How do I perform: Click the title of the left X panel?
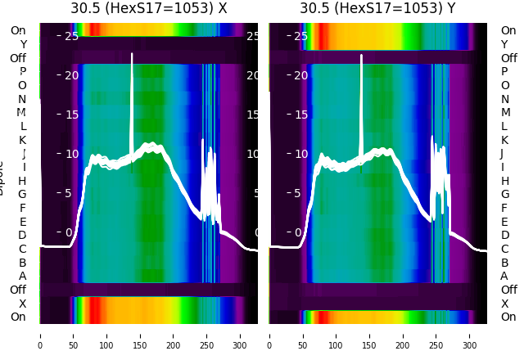(x=149, y=8)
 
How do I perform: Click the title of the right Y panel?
(x=378, y=8)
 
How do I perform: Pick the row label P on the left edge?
(x=23, y=71)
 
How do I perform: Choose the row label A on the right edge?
(x=504, y=276)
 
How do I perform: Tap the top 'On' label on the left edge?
(x=18, y=30)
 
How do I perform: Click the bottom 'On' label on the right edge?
(x=508, y=317)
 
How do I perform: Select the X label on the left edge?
(x=23, y=304)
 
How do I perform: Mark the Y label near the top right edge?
(x=504, y=44)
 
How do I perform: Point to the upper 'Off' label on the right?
(x=508, y=58)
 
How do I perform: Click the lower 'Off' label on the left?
(x=18, y=290)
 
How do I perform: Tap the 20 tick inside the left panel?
(x=71, y=75)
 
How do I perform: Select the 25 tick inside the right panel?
(x=300, y=36)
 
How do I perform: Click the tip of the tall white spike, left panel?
(x=132, y=55)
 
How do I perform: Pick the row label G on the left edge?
(x=23, y=194)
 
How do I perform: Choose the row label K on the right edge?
(x=504, y=140)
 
